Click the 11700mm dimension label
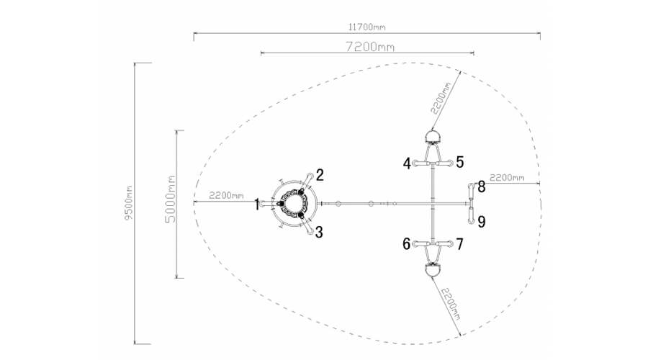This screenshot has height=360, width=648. tap(367, 27)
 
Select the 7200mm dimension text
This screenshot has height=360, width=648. tap(370, 47)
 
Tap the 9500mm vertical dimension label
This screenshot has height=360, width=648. tap(129, 203)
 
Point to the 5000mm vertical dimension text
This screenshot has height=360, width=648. tap(170, 199)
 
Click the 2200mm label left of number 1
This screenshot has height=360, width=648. tap(226, 196)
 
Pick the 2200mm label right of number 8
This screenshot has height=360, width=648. tap(507, 178)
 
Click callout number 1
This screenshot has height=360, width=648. tap(257, 204)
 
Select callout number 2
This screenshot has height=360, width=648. tap(320, 175)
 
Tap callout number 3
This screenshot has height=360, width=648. tap(319, 233)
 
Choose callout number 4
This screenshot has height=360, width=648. tap(407, 163)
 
